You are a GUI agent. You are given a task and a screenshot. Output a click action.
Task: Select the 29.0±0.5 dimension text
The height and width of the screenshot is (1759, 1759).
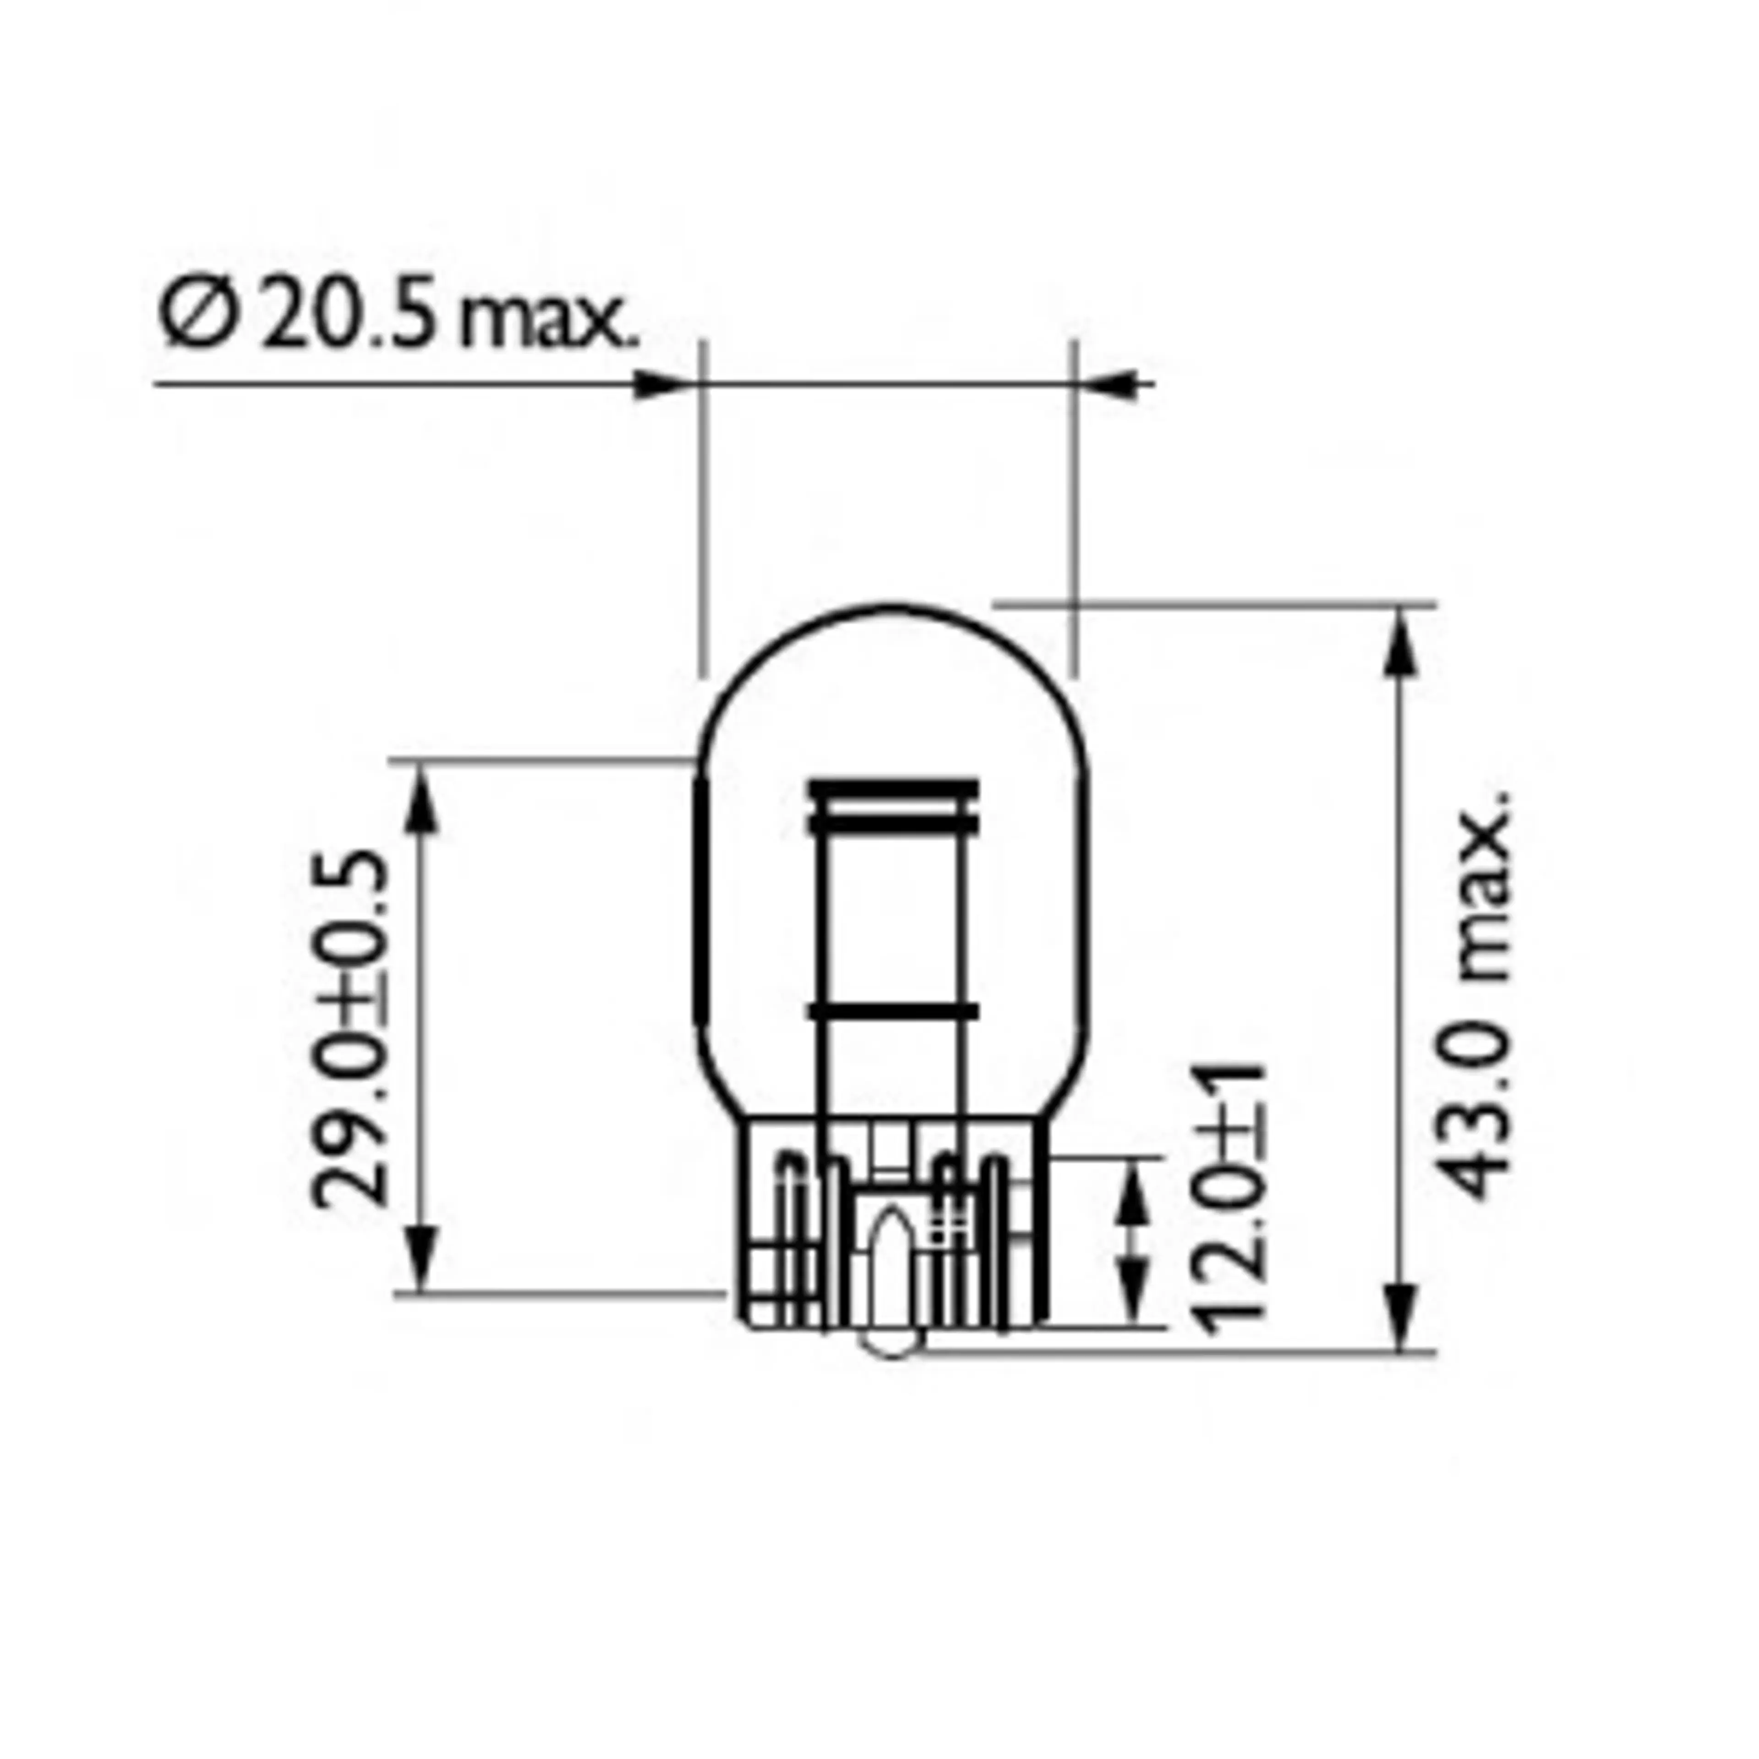coord(350,1029)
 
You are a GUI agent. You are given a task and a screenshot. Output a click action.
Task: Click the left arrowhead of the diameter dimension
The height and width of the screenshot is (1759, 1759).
coord(660,384)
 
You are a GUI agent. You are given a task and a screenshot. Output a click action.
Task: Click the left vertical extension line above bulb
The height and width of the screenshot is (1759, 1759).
coord(702,510)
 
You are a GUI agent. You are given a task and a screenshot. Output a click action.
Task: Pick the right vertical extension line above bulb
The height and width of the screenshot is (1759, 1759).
coord(1074,510)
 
